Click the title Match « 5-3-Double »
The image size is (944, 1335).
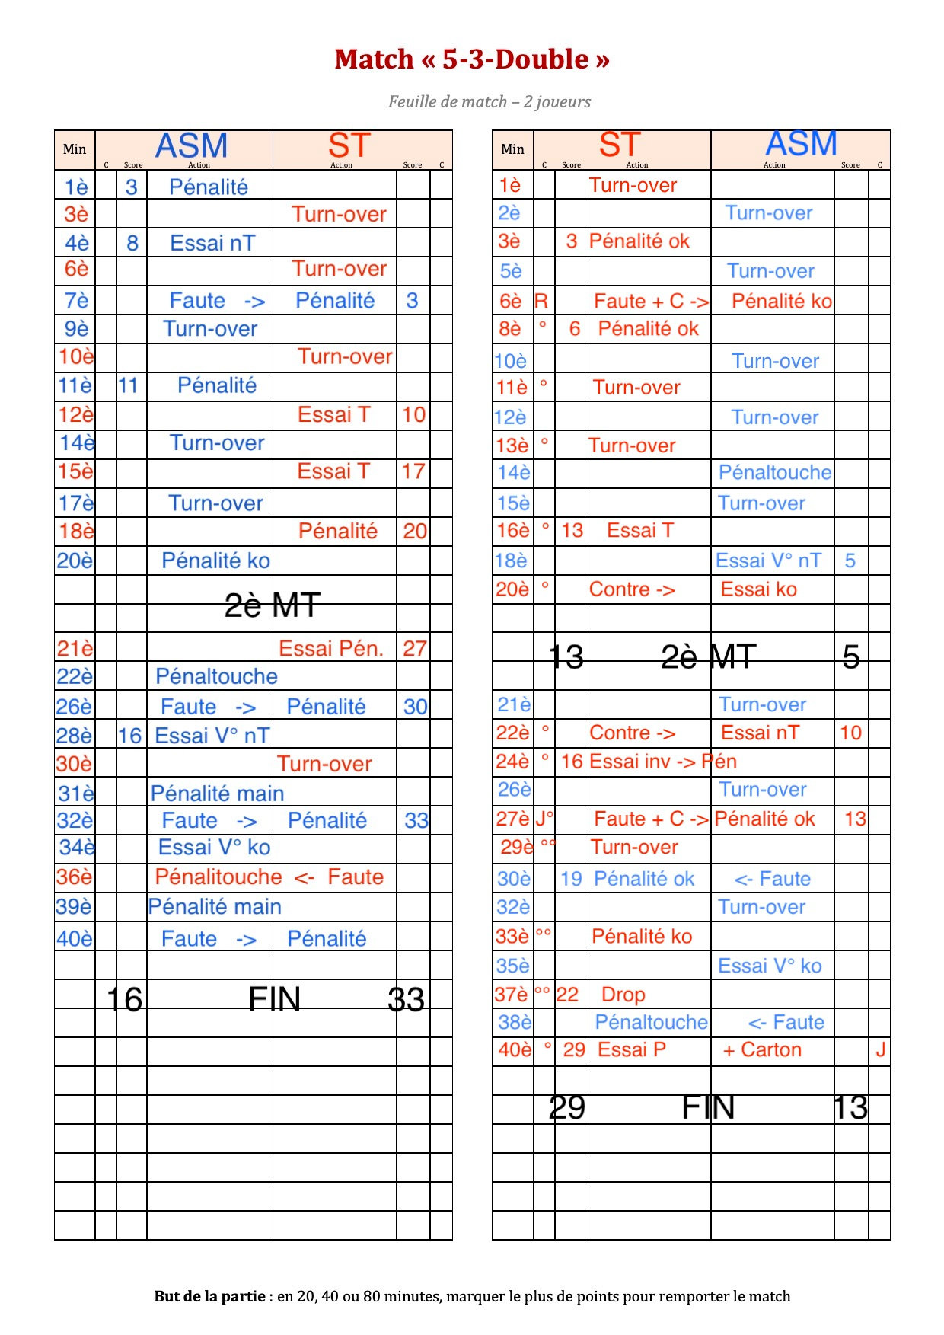(471, 59)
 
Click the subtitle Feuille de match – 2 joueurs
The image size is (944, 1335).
(489, 102)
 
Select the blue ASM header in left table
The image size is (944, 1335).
(191, 145)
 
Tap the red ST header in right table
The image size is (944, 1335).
(619, 145)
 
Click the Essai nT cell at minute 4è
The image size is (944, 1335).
(212, 244)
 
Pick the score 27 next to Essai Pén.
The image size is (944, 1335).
(414, 649)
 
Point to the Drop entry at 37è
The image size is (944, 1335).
(623, 995)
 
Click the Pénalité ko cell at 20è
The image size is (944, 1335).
(215, 561)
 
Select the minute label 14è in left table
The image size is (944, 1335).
(76, 443)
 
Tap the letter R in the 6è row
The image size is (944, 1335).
(541, 301)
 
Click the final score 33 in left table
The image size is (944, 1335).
(406, 999)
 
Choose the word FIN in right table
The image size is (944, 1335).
(707, 1107)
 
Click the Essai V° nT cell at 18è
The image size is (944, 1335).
(768, 561)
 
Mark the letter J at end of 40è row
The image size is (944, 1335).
(880, 1050)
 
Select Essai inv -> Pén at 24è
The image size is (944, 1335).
(662, 762)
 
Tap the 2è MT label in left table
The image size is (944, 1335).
(272, 605)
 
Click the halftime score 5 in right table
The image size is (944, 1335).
(850, 657)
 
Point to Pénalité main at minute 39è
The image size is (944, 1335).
(215, 907)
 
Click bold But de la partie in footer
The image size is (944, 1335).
(209, 1296)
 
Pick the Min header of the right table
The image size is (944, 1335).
(512, 149)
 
